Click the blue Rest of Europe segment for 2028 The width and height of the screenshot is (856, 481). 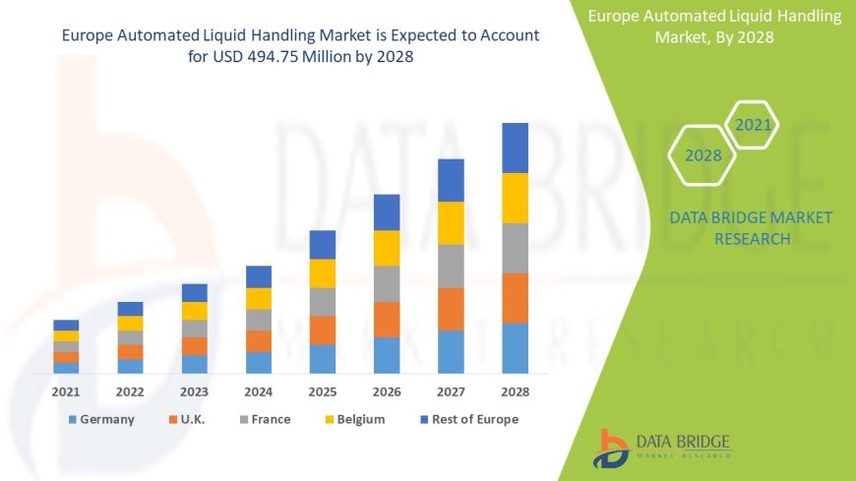pyautogui.click(x=515, y=148)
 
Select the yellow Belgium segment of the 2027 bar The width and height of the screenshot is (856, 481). pyautogui.click(x=451, y=222)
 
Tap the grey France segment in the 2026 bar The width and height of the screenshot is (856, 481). pyautogui.click(x=387, y=283)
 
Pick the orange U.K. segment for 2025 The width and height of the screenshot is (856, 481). pyautogui.click(x=323, y=330)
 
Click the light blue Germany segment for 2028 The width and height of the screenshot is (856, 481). pyautogui.click(x=515, y=348)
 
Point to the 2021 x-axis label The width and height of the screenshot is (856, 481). pyautogui.click(x=66, y=391)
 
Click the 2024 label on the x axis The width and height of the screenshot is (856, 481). pyautogui.click(x=259, y=391)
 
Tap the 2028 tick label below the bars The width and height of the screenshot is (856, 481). pyautogui.click(x=515, y=391)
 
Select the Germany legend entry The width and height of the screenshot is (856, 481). pyautogui.click(x=101, y=419)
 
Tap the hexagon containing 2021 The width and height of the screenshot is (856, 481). pyautogui.click(x=753, y=125)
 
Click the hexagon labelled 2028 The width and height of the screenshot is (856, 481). pyautogui.click(x=703, y=155)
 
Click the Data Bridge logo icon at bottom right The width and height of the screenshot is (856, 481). pyautogui.click(x=612, y=449)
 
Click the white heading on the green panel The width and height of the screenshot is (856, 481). pyautogui.click(x=714, y=27)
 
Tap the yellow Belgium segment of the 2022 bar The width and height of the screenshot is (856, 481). pyautogui.click(x=130, y=323)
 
